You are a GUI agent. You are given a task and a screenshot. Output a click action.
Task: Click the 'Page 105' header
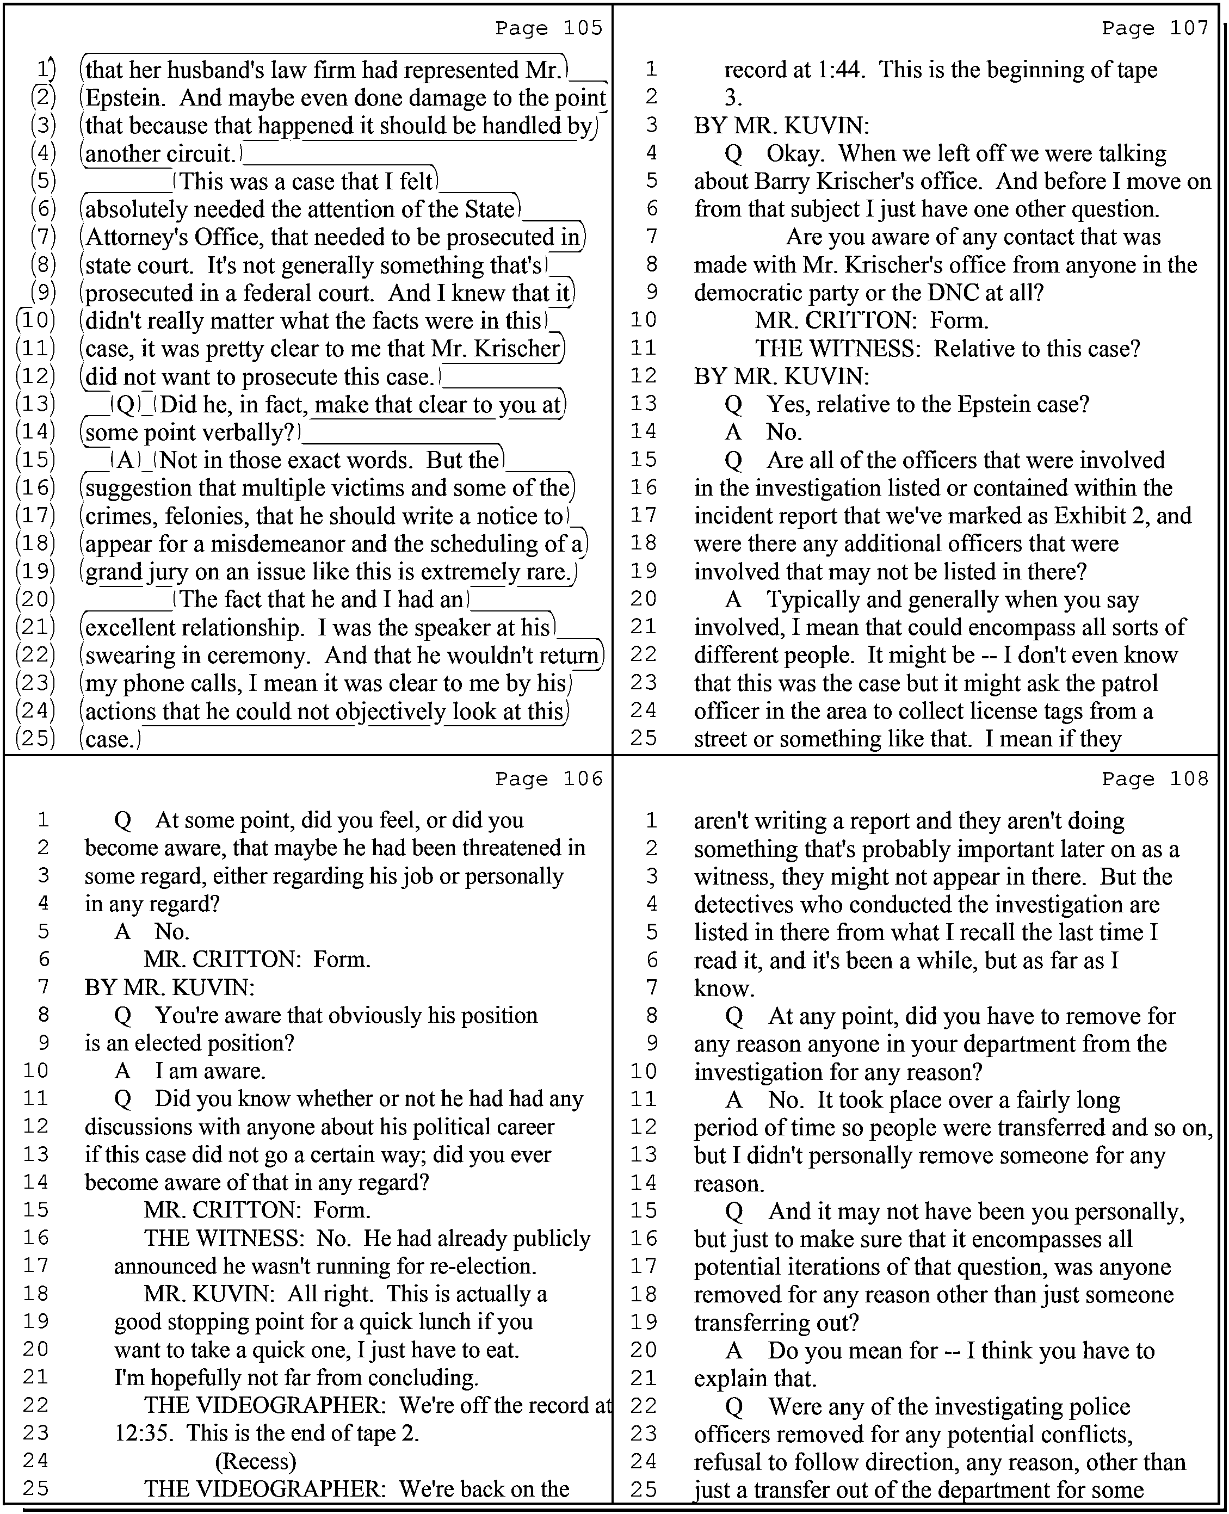click(x=548, y=28)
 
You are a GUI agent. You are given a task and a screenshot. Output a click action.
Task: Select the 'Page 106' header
click(x=548, y=778)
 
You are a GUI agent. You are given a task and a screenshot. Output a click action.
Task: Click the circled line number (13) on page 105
click(x=35, y=404)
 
